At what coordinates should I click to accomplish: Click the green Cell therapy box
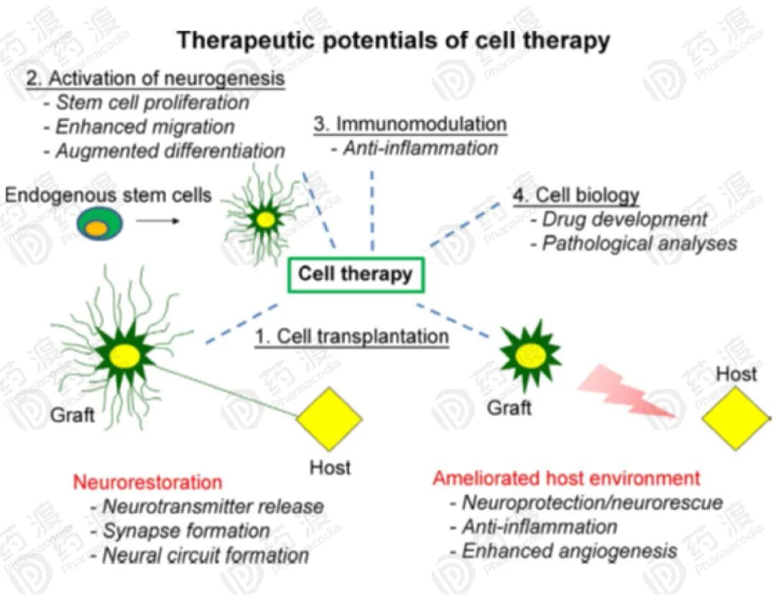pyautogui.click(x=356, y=274)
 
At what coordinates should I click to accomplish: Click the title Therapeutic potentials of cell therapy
pyautogui.click(x=393, y=40)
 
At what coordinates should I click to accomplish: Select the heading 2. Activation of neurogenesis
pyautogui.click(x=156, y=78)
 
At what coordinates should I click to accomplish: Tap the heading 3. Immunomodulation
pyautogui.click(x=410, y=124)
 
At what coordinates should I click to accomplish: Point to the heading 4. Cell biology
pyautogui.click(x=577, y=194)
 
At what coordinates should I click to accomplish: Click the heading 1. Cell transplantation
pyautogui.click(x=352, y=336)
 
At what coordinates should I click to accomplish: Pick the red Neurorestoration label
pyautogui.click(x=147, y=481)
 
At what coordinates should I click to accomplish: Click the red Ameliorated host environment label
pyautogui.click(x=566, y=478)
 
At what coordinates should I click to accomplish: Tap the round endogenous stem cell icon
pyautogui.click(x=100, y=224)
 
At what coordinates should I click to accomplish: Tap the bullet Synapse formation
pyautogui.click(x=186, y=531)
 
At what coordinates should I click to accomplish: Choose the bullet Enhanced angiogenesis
pyautogui.click(x=569, y=551)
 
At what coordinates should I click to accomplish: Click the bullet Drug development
pyautogui.click(x=624, y=219)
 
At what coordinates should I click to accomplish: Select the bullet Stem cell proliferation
pyautogui.click(x=152, y=102)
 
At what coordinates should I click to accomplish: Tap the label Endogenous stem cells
pyautogui.click(x=108, y=194)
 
